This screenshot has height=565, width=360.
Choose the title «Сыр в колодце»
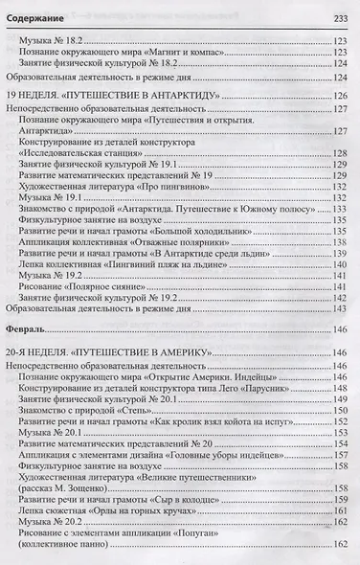[x=203, y=511]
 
